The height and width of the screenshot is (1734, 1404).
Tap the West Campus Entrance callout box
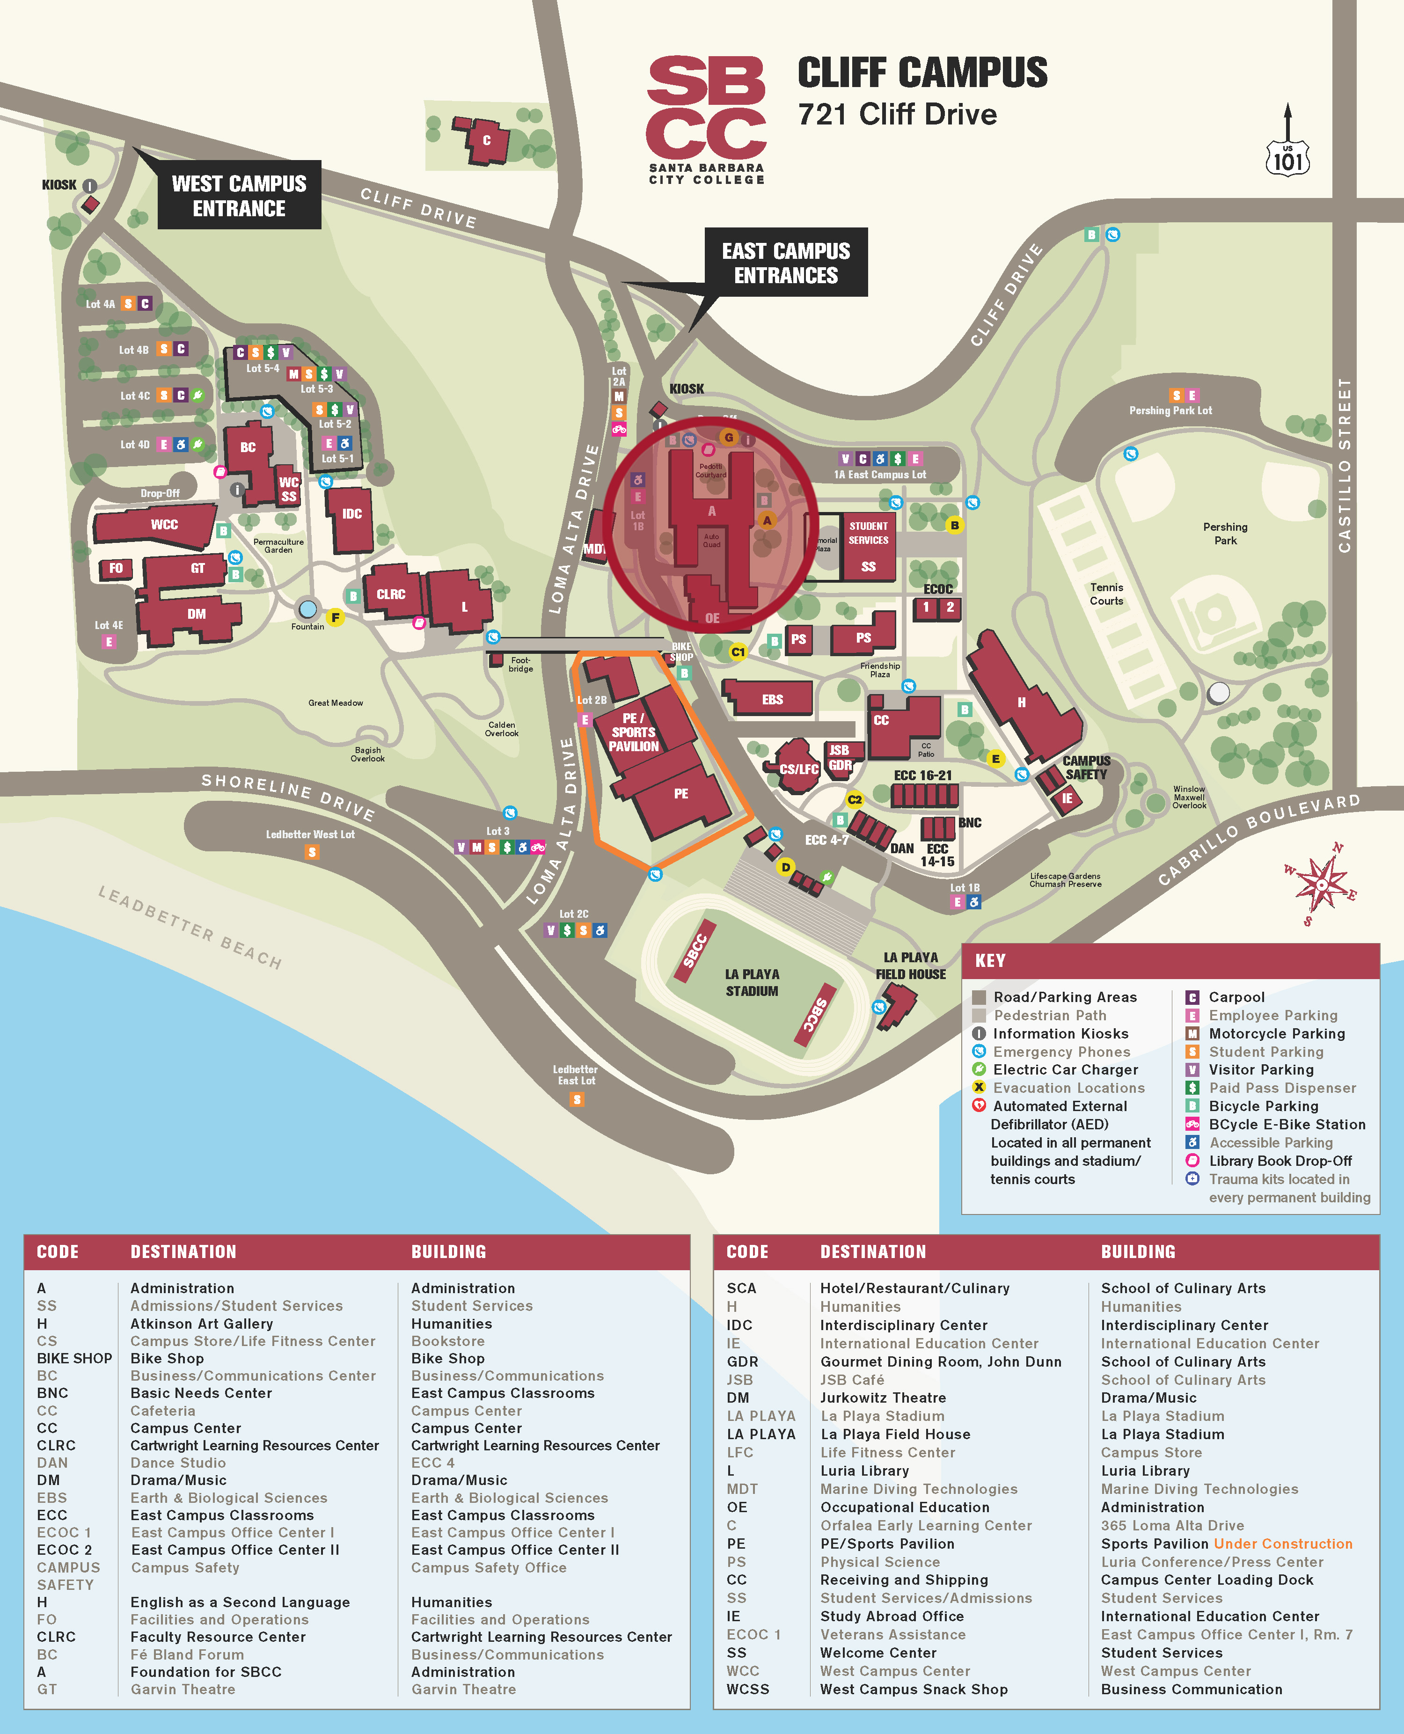point(240,196)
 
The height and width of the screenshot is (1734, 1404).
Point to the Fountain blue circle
point(307,609)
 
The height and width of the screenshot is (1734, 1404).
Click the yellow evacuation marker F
point(335,618)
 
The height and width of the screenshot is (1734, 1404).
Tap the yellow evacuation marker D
point(784,867)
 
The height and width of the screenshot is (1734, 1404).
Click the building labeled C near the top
point(486,141)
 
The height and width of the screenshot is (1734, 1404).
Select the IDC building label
point(352,513)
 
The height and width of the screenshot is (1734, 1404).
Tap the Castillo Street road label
point(1344,465)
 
